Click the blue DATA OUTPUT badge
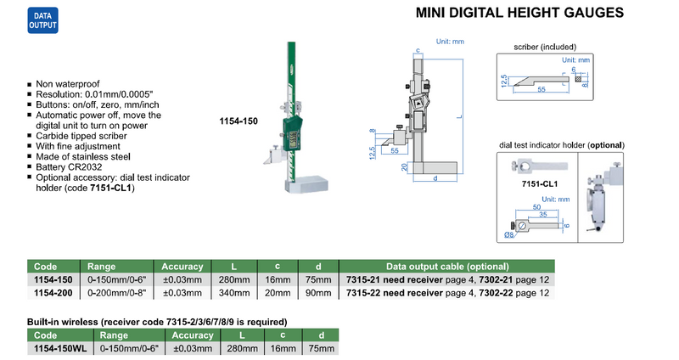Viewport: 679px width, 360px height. (x=43, y=20)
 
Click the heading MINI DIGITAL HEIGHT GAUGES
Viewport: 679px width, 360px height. (x=519, y=13)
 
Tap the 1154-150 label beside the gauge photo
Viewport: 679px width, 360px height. (x=238, y=121)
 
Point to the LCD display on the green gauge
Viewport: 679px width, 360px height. (x=293, y=138)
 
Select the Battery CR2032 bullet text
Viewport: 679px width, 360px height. (x=69, y=166)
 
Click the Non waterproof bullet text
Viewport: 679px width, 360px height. (x=68, y=83)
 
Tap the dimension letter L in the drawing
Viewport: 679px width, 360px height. (x=459, y=116)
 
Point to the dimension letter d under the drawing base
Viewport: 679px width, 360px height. (x=435, y=177)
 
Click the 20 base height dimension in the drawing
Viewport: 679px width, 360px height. (x=405, y=166)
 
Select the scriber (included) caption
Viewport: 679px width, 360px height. (x=545, y=47)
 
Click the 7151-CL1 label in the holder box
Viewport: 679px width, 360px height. (x=540, y=183)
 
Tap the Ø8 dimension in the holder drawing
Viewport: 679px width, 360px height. (x=509, y=234)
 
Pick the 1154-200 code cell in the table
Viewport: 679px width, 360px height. (x=53, y=293)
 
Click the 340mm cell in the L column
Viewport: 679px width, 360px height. (x=234, y=293)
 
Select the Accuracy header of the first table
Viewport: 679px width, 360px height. (x=182, y=267)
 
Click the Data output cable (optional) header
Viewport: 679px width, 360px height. (x=447, y=267)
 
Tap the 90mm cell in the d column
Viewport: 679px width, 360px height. (x=318, y=293)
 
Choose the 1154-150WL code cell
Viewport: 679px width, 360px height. (x=60, y=348)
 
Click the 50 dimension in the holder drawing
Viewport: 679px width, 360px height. (x=536, y=207)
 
